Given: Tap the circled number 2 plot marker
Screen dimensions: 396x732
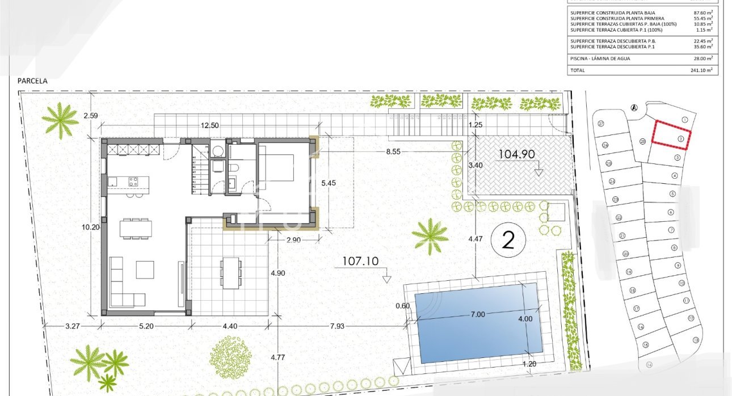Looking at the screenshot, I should point(508,241).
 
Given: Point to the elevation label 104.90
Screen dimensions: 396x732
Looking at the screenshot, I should point(516,154).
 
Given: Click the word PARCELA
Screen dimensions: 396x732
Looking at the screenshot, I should point(32,81).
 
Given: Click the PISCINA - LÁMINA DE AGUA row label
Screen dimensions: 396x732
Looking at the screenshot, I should point(600,58).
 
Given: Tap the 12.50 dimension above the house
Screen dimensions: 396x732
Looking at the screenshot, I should point(210,126).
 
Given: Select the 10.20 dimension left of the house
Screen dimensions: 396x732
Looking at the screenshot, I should point(90,227).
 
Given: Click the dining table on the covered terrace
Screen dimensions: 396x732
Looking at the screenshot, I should point(231,272).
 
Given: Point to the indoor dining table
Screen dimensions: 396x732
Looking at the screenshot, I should point(136,228).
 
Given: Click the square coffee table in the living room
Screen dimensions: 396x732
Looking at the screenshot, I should point(145,269).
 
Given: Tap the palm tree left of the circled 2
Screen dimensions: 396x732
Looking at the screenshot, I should point(430,235).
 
